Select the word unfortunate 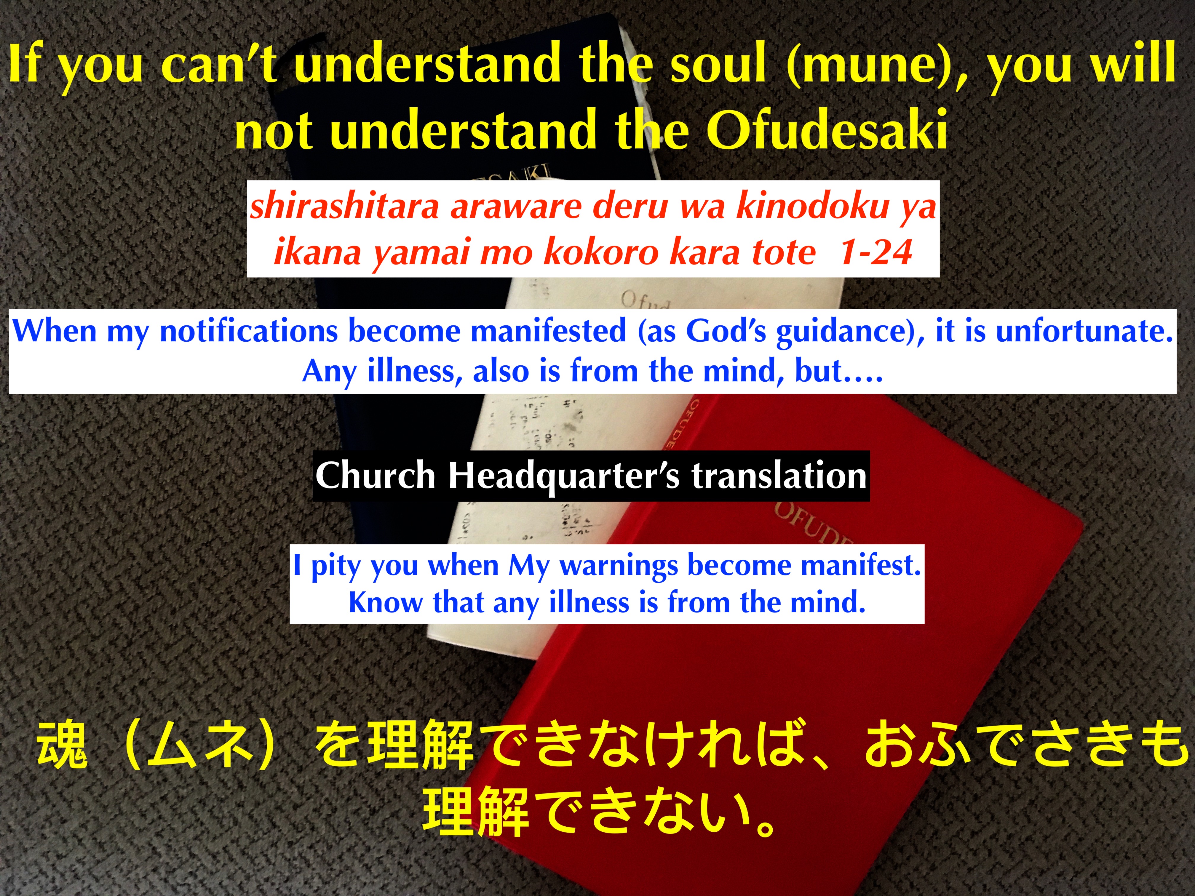1084,331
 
